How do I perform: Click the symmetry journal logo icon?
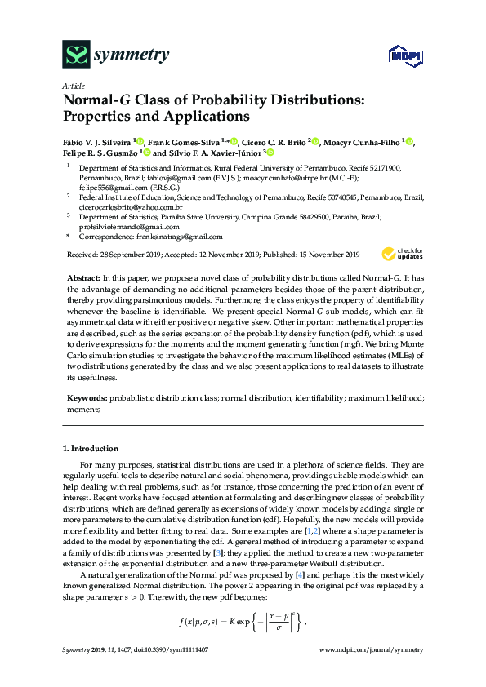76,55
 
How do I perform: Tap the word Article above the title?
74,86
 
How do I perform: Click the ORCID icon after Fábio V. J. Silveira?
140,142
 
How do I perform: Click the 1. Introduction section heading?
91,449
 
